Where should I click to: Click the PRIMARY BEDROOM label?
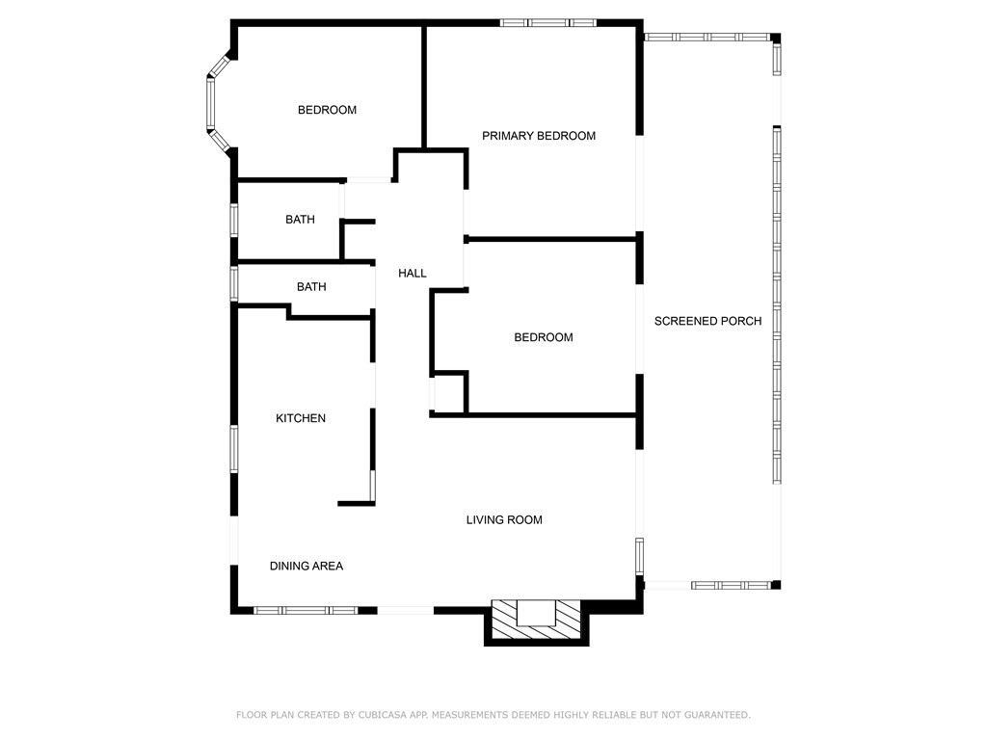pyautogui.click(x=538, y=136)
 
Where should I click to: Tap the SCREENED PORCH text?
pyautogui.click(x=707, y=321)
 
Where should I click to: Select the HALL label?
pyautogui.click(x=413, y=273)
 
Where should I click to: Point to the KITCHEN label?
pyautogui.click(x=301, y=418)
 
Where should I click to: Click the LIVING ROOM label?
pyautogui.click(x=504, y=519)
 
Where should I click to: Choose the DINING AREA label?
pyautogui.click(x=307, y=567)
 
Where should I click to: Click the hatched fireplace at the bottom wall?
pyautogui.click(x=536, y=621)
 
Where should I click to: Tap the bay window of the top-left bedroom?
pyautogui.click(x=219, y=104)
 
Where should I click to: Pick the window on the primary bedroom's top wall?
pyautogui.click(x=548, y=23)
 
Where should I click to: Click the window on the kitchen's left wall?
pyautogui.click(x=234, y=449)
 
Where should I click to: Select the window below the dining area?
pyautogui.click(x=306, y=610)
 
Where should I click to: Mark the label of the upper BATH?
pyautogui.click(x=301, y=220)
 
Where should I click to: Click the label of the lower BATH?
pyautogui.click(x=311, y=287)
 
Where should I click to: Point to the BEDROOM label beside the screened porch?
pyautogui.click(x=544, y=337)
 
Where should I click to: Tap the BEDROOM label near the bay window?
pyautogui.click(x=328, y=110)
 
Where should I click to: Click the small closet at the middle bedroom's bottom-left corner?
pyautogui.click(x=449, y=393)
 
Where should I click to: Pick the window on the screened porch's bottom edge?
pyautogui.click(x=731, y=585)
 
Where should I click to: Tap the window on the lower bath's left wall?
pyautogui.click(x=234, y=284)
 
